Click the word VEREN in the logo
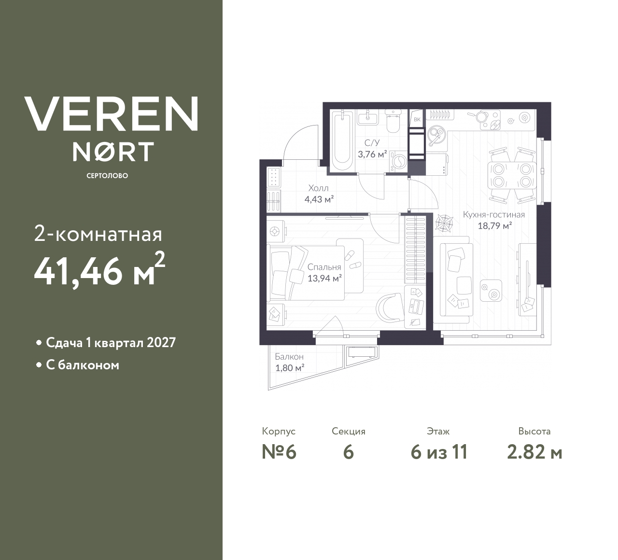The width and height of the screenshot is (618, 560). [112, 113]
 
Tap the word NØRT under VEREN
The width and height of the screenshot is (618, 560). [113, 151]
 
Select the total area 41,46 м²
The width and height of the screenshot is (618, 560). [99, 271]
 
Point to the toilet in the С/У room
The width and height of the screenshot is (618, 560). [393, 124]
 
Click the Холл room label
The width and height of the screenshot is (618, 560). [319, 188]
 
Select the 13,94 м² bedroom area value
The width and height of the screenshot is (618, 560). [324, 278]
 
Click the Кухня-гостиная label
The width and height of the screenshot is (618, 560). [493, 215]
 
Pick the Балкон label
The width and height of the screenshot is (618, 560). [289, 357]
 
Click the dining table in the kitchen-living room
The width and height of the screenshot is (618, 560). [512, 175]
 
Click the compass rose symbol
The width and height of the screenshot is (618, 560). [444, 221]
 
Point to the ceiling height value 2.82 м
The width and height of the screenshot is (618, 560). [534, 452]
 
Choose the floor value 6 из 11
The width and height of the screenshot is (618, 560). [439, 452]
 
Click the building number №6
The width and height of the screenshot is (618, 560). [279, 452]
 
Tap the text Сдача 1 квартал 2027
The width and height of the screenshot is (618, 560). [111, 343]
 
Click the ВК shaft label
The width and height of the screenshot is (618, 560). [417, 119]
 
